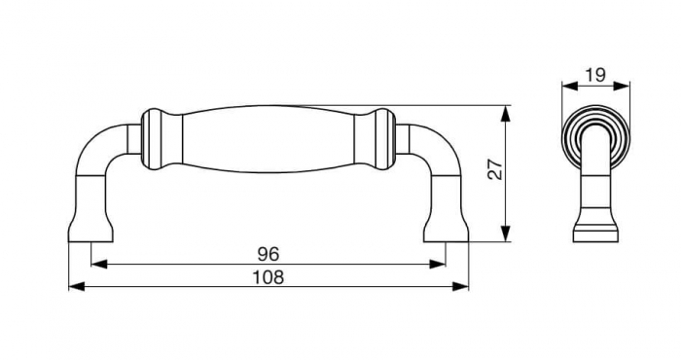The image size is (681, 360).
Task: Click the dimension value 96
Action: tap(268, 254)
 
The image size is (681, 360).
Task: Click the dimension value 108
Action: tap(269, 277)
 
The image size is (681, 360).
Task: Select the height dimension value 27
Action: tap(495, 169)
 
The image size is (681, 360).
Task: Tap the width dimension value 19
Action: tap(595, 75)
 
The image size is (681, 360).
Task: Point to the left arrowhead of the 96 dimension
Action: tap(99, 264)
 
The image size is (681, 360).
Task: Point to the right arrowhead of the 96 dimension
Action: tap(437, 264)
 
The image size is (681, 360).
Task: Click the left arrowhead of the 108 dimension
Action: tap(77, 287)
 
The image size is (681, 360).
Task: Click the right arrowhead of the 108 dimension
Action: tap(460, 287)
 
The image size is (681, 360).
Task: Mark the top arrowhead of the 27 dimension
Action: tap(505, 114)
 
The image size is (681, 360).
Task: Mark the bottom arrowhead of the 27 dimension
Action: tap(505, 234)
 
